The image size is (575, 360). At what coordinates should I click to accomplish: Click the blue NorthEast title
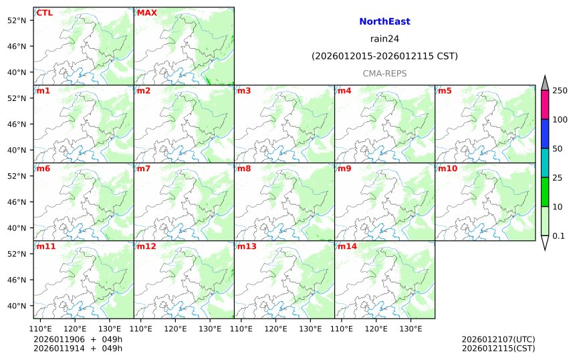[384, 22]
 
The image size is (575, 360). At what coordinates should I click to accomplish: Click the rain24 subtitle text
[384, 39]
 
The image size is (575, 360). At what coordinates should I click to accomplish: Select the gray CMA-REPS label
[384, 74]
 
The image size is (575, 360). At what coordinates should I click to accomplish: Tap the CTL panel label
[45, 13]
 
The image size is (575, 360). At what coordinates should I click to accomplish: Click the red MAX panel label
[146, 13]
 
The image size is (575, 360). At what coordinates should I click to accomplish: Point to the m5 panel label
[445, 90]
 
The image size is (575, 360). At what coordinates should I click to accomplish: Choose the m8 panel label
[244, 169]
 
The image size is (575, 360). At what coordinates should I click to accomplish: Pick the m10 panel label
[447, 169]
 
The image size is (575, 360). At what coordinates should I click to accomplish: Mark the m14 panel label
[347, 246]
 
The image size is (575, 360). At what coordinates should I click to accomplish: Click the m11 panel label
[46, 246]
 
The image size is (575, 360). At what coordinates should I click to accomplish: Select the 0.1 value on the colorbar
[558, 236]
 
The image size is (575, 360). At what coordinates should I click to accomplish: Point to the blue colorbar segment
[545, 134]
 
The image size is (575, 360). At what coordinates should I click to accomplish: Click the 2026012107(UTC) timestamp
[498, 339]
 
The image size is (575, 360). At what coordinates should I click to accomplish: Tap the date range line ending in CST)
[384, 56]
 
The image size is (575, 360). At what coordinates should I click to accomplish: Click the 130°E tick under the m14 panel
[411, 329]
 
